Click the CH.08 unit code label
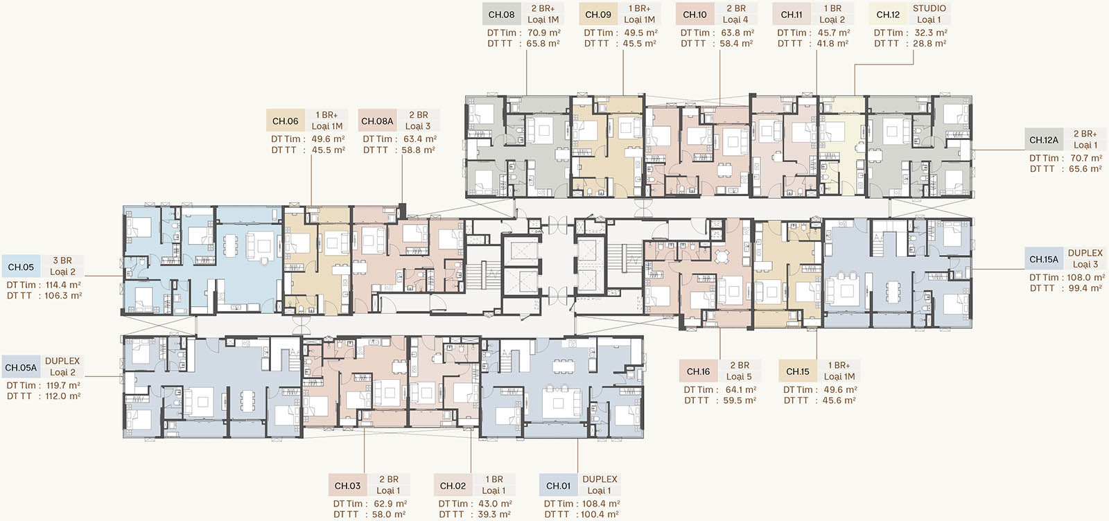(502, 15)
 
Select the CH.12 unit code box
(888, 15)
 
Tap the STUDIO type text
(929, 8)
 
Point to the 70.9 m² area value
(543, 33)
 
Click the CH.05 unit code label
(21, 267)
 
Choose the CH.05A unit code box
(21, 368)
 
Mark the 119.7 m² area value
(63, 385)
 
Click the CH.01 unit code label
(559, 486)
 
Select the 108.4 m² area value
(601, 503)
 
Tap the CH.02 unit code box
(453, 486)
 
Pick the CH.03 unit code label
(347, 486)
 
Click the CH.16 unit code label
(698, 371)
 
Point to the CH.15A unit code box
(1044, 259)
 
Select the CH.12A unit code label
(1044, 139)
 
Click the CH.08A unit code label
(377, 121)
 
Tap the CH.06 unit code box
(285, 121)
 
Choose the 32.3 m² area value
(931, 33)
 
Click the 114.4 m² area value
(63, 285)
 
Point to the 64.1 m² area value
(741, 389)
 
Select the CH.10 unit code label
(695, 15)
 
